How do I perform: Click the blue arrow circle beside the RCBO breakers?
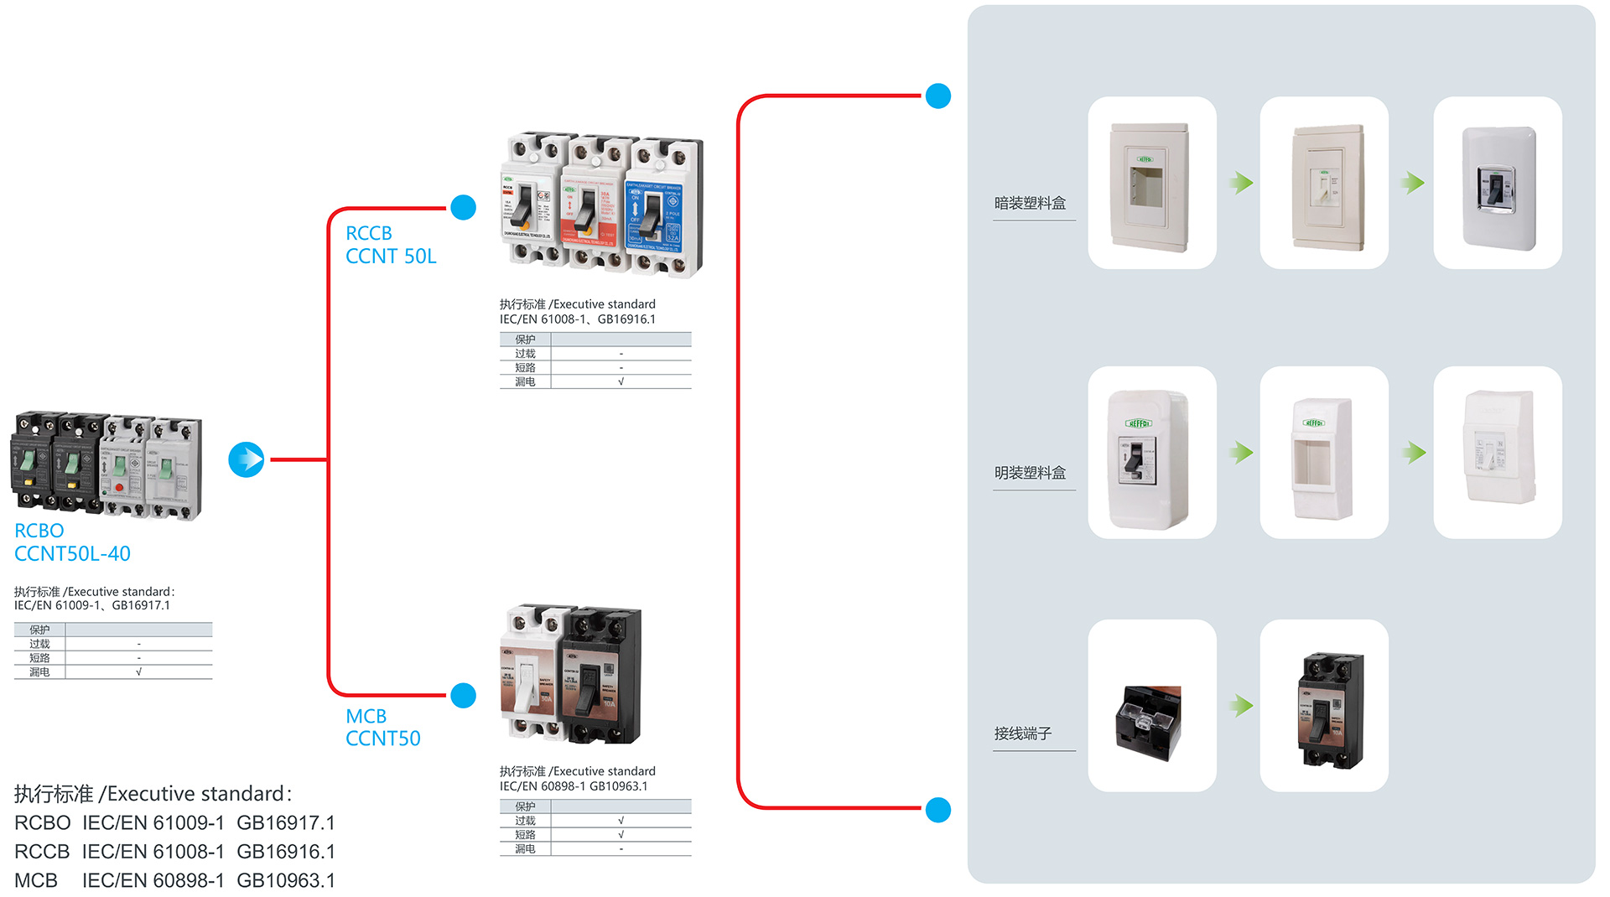[247, 459]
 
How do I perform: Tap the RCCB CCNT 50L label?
[391, 245]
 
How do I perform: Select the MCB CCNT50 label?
[382, 728]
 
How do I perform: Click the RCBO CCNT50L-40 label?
[72, 542]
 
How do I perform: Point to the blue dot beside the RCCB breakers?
[463, 207]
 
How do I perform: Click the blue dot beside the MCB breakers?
[463, 696]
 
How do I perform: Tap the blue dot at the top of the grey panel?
[938, 96]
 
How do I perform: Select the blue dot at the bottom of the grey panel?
[938, 810]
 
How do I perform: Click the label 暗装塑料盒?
[1030, 203]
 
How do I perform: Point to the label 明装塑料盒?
[1030, 473]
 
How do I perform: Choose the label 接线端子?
[1022, 734]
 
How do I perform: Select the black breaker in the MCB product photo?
[602, 675]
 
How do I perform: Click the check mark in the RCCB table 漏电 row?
[621, 381]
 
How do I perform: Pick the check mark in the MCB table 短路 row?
[621, 835]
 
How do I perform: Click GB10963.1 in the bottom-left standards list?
[286, 880]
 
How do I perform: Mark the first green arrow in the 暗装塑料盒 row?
[1242, 183]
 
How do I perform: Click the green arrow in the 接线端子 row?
[1242, 706]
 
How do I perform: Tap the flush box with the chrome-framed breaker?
[1498, 186]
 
